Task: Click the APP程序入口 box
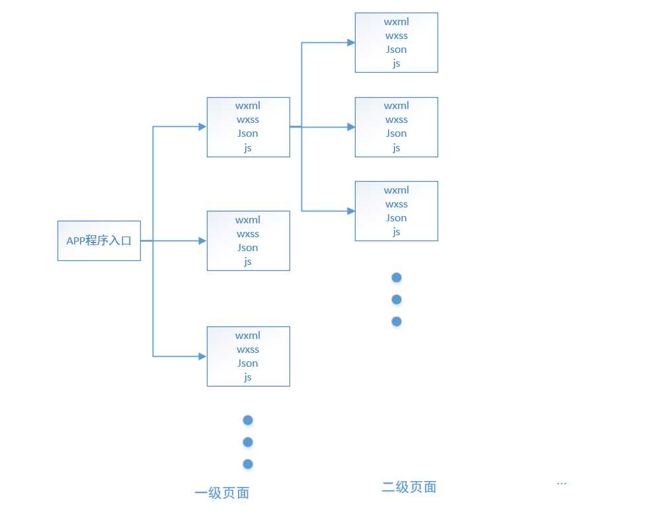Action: [99, 240]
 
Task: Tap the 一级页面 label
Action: [222, 493]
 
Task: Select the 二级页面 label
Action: [409, 488]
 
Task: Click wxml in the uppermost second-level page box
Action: [397, 22]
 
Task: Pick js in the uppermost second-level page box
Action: [397, 63]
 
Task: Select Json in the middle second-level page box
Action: [397, 133]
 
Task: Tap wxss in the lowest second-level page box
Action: [397, 204]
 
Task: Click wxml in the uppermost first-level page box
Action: [248, 106]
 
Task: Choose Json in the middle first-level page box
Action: [248, 248]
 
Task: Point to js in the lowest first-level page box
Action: [248, 377]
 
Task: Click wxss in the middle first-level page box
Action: [248, 234]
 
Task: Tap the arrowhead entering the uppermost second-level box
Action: [351, 42]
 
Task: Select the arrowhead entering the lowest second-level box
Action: [351, 211]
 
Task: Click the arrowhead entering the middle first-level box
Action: [202, 241]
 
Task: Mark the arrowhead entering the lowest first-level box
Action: [202, 356]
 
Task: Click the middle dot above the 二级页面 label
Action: [397, 299]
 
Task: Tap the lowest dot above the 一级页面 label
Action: [248, 464]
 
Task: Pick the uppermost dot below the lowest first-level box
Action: [248, 420]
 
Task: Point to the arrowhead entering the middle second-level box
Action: [351, 127]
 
